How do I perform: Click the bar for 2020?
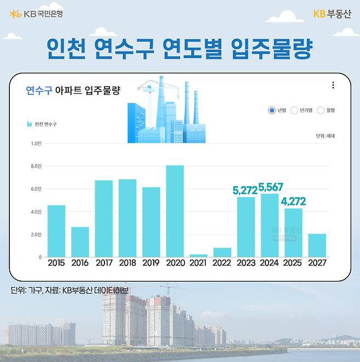175,211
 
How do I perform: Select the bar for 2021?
199,255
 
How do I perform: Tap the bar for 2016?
80,242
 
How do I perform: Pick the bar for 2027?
317,245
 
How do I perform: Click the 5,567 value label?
270,187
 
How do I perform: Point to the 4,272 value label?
293,201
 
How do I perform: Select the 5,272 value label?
246,191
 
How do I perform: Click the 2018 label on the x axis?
127,263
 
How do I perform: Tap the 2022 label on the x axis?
222,263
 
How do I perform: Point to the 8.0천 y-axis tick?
36,166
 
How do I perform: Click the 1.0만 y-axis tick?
36,143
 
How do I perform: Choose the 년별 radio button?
272,110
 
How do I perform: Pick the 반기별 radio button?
294,110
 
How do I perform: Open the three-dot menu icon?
333,85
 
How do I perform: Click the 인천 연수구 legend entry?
42,124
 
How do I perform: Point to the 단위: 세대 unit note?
325,135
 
